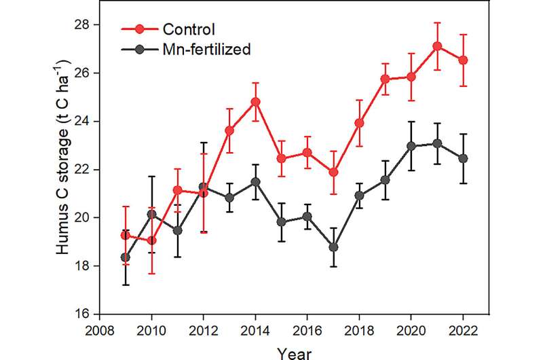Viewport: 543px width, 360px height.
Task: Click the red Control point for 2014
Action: click(x=255, y=102)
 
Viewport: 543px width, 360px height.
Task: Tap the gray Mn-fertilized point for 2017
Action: click(x=333, y=247)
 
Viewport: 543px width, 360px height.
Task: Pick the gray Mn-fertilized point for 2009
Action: click(x=125, y=257)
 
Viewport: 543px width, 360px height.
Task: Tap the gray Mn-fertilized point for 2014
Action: click(x=255, y=182)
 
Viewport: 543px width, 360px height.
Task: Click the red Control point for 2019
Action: click(x=386, y=79)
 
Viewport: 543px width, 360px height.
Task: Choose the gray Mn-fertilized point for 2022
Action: click(x=464, y=158)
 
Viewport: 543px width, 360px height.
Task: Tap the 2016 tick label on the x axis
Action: click(x=307, y=331)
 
